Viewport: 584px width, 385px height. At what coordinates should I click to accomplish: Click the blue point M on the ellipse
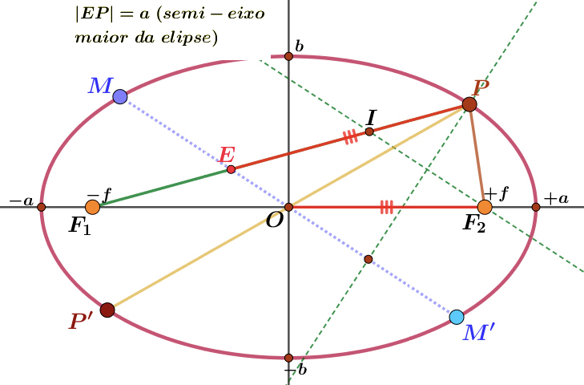pos(120,97)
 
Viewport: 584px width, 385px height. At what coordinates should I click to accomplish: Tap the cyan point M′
pos(457,317)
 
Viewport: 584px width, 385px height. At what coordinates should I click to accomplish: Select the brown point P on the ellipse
pos(469,104)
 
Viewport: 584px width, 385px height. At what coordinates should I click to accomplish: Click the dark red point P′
pos(107,310)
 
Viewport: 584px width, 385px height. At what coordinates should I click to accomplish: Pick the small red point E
pos(231,170)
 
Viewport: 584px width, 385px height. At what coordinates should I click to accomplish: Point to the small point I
pos(369,132)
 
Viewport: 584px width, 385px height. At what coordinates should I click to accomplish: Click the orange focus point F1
pos(92,207)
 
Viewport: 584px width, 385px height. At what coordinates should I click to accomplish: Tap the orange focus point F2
pos(485,207)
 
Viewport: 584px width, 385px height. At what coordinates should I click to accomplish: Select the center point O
pos(288,207)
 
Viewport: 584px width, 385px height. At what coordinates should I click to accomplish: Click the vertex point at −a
pos(42,207)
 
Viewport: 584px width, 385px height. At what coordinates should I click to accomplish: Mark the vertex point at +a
pos(536,207)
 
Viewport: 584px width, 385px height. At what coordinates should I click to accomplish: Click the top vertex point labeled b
pos(288,56)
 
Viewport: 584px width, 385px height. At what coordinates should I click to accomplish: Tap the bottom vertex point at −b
pos(288,358)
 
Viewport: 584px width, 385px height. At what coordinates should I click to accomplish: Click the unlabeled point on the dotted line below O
pos(369,259)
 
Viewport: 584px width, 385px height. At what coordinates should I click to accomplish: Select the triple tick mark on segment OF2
pos(387,207)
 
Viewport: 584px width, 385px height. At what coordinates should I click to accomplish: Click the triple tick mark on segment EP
pos(350,136)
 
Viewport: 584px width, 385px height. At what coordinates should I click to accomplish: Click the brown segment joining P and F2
pos(477,156)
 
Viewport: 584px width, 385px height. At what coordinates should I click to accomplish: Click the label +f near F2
pos(496,194)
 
